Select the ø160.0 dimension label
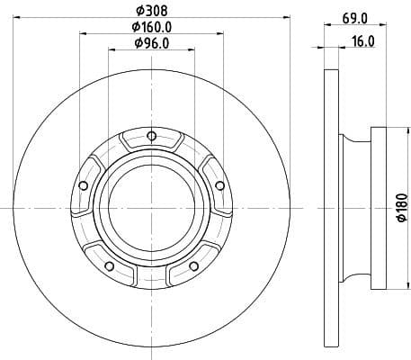(x=149, y=27)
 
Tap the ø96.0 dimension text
(x=149, y=43)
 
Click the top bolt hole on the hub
(x=150, y=137)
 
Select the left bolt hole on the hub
(x=84, y=185)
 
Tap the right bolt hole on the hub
(x=217, y=185)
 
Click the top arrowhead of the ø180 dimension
(x=389, y=130)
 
